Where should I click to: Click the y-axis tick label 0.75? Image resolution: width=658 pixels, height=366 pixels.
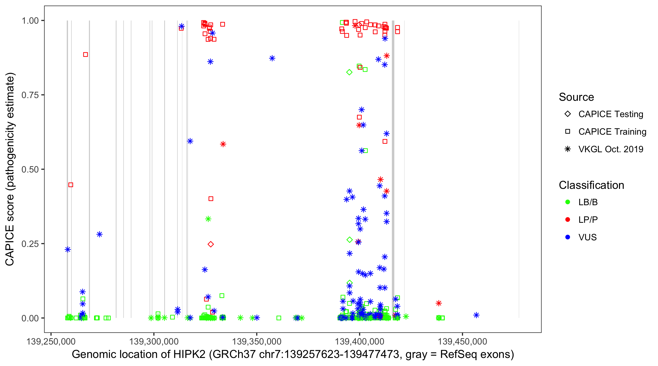pos(30,95)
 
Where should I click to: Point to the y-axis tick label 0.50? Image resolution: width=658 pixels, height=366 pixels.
pos(30,170)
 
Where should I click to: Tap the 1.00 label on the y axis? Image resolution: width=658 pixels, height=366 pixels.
pos(30,21)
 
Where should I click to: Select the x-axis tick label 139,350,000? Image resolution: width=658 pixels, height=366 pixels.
pos(257,341)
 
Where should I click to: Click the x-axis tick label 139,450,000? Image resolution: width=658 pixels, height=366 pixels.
pos(462,341)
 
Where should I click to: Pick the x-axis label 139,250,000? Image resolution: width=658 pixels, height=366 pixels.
pos(51,341)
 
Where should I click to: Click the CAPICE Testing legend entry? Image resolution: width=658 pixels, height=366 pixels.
pos(604,114)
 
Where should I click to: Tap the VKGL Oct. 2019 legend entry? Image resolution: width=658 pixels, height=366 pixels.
pos(604,149)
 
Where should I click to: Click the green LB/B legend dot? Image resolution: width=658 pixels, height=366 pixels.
pos(568,202)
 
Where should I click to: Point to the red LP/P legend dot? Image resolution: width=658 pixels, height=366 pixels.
pos(568,220)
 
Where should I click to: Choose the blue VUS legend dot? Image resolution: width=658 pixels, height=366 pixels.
pos(568,237)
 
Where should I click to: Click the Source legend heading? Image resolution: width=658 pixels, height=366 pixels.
pos(576,97)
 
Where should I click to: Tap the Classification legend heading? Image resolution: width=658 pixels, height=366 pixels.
pos(591,185)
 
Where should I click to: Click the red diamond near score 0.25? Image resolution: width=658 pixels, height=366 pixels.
pos(211,244)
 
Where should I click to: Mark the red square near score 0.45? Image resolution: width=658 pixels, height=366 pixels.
pos(71,185)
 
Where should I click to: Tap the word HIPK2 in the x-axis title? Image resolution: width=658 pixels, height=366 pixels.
pos(190,355)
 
